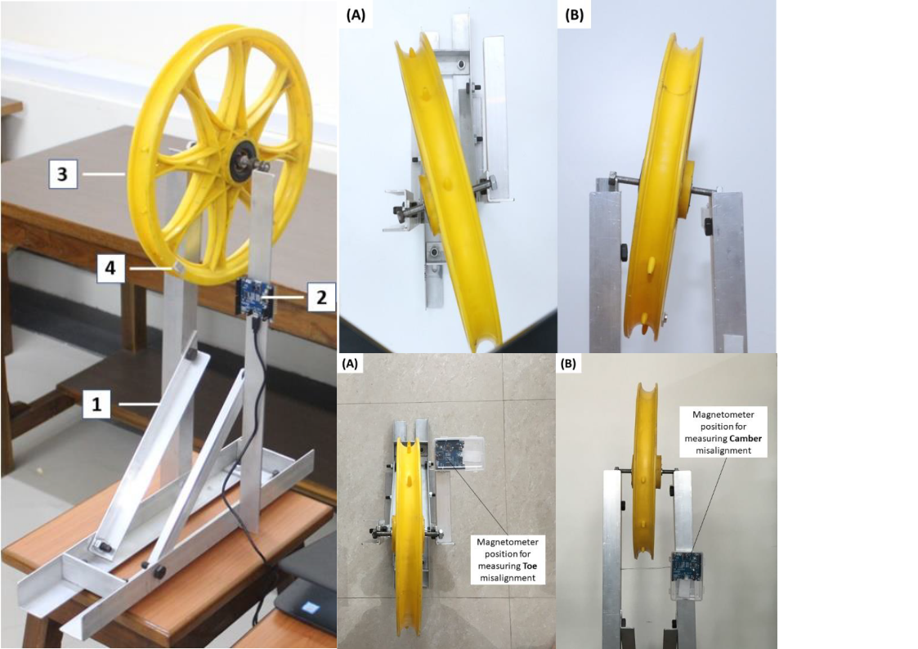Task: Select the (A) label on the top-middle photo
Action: [356, 15]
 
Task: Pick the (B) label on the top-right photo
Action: [575, 15]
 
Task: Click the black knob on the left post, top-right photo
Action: [624, 248]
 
